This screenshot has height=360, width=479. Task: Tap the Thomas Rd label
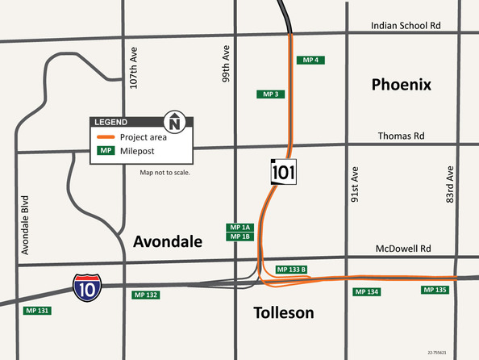tap(401, 136)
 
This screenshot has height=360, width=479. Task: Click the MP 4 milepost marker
tap(310, 61)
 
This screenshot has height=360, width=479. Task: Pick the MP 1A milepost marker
tap(240, 228)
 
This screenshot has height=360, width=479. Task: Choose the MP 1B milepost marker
tap(240, 237)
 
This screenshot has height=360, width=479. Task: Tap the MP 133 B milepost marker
tap(291, 269)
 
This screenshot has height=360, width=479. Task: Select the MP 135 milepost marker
tap(435, 289)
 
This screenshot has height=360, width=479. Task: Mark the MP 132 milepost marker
tap(146, 295)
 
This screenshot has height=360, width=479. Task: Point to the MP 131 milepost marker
tap(37, 311)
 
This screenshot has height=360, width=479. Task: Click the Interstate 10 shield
tap(86, 287)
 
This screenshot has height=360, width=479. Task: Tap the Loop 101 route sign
tap(279, 171)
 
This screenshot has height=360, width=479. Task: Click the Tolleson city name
tap(283, 312)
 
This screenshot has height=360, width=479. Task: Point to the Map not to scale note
tap(165, 172)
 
